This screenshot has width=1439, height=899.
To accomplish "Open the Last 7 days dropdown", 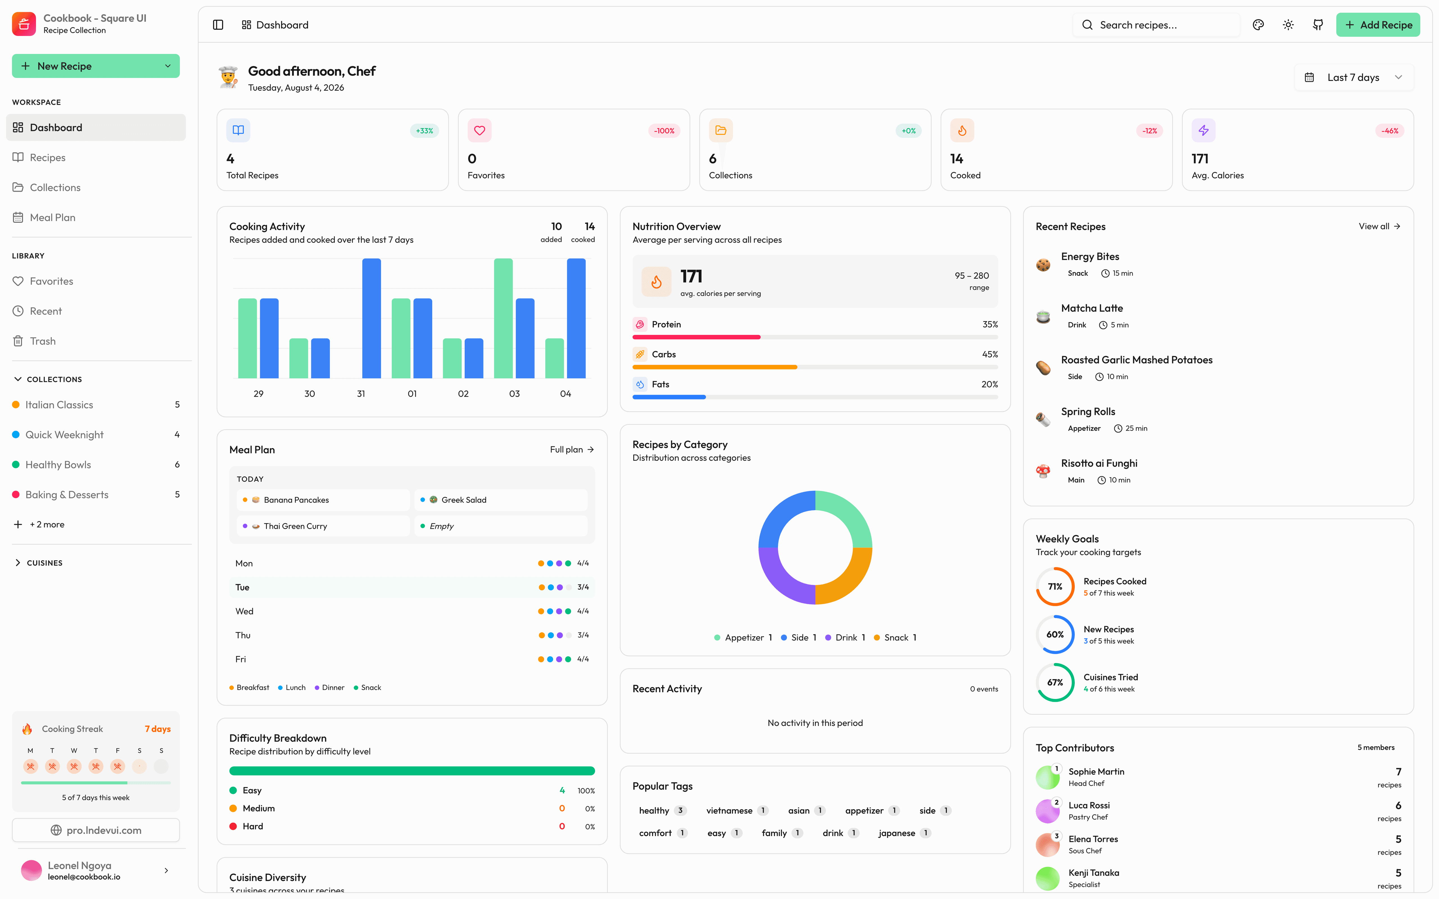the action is pos(1353,77).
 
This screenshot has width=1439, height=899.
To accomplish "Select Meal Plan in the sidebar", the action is pos(52,218).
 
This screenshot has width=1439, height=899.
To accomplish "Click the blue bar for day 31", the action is pos(372,318).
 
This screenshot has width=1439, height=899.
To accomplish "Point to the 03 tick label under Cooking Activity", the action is pos(514,394).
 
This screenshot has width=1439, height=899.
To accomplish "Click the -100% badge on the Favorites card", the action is pos(664,131).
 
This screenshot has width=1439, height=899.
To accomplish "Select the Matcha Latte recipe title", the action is pos(1092,308).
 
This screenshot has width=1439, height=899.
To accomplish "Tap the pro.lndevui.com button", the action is pos(96,830).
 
